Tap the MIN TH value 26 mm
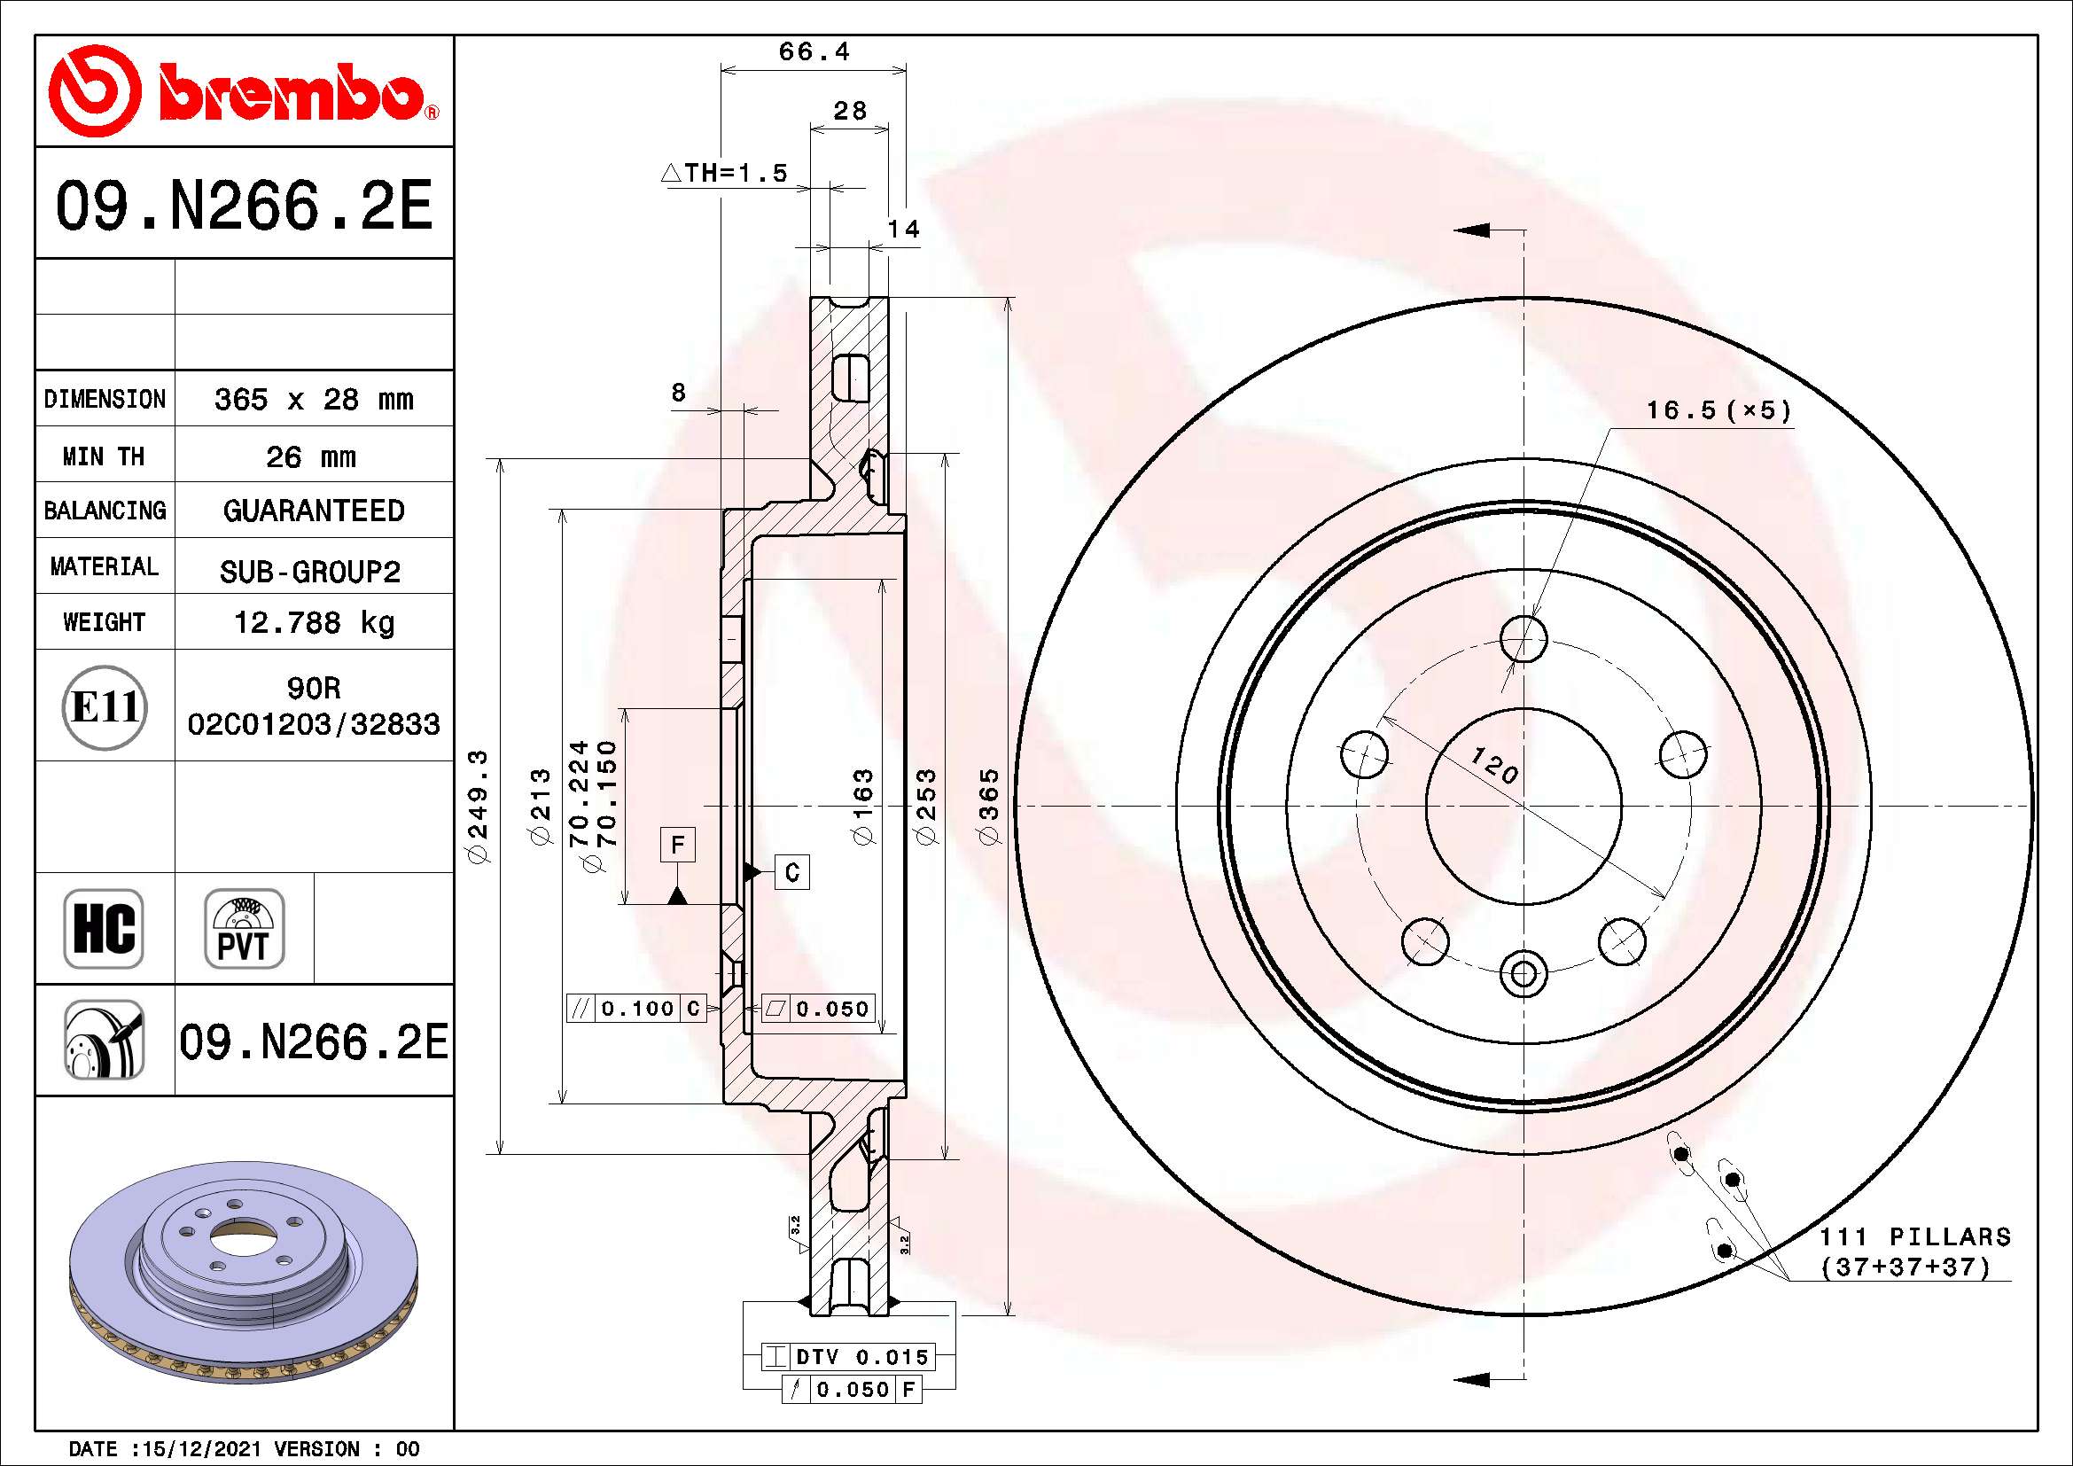(x=310, y=456)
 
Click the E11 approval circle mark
(x=104, y=706)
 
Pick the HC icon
(x=103, y=928)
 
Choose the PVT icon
(x=244, y=928)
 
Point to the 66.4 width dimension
(x=814, y=51)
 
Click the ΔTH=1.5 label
(x=725, y=173)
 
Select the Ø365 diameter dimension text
(x=990, y=806)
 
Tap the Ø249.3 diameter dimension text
(x=478, y=806)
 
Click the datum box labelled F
(x=677, y=845)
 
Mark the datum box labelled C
(x=791, y=872)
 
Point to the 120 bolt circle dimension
(x=1494, y=766)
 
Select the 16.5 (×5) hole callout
(x=1718, y=410)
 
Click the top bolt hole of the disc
(x=1524, y=639)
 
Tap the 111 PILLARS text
(x=1914, y=1236)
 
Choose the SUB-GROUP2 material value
(x=309, y=572)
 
